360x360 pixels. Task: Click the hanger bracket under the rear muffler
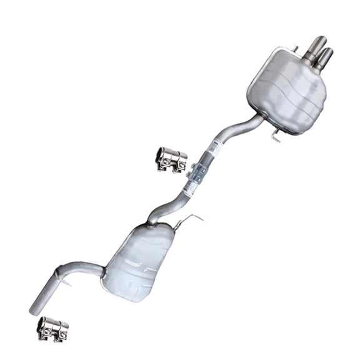click(x=276, y=133)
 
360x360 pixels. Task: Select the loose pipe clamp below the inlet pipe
click(x=52, y=329)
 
